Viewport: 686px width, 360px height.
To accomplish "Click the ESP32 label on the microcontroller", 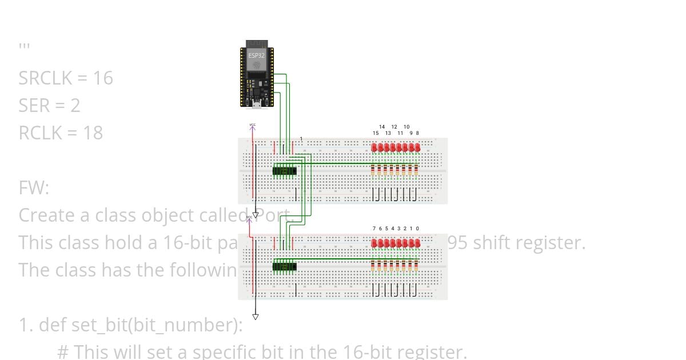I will point(257,55).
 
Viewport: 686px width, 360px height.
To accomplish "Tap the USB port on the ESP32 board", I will point(257,105).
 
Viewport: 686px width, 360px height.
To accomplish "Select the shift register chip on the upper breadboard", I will point(285,170).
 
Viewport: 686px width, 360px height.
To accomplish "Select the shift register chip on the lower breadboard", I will point(285,266).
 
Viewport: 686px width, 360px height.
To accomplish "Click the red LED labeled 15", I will point(375,148).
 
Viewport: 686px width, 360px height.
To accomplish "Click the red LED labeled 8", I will point(417,148).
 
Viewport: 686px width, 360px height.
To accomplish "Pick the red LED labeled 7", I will point(375,243).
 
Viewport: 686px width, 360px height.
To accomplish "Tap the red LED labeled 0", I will point(417,243).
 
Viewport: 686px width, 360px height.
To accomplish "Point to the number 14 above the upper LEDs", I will point(382,127).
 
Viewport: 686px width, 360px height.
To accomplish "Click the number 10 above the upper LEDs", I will point(406,127).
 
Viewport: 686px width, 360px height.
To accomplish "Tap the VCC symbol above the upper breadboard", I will point(252,126).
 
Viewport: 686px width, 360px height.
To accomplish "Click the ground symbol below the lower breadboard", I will point(256,317).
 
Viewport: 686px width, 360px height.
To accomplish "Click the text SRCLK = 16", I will point(66,78).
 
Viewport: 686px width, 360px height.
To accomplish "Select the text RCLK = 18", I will point(61,133).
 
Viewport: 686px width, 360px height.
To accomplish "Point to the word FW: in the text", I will point(34,187).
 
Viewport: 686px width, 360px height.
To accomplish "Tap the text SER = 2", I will point(49,105).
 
